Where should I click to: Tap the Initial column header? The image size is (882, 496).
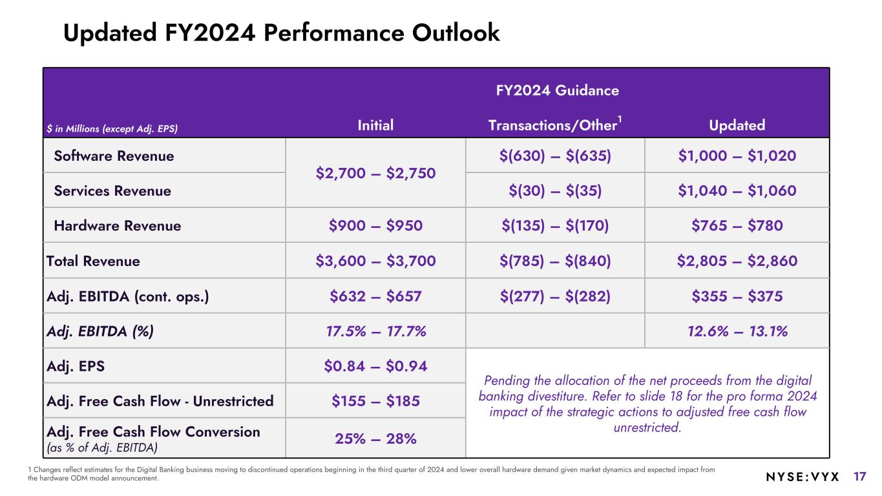[x=375, y=125]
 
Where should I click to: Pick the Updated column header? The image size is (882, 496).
[x=737, y=125]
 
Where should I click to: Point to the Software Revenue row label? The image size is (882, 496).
[x=114, y=156]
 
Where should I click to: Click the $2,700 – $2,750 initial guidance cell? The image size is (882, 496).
[x=375, y=173]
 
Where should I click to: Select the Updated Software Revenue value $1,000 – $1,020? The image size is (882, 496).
[x=737, y=156]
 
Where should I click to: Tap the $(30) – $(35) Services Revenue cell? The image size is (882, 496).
[x=555, y=191]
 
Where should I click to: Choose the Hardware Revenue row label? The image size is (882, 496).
[x=118, y=226]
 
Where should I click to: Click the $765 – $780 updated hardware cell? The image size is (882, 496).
[x=737, y=226]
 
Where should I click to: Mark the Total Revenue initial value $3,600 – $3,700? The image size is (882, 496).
[x=375, y=261]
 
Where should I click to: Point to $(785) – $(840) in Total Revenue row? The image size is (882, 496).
[x=555, y=261]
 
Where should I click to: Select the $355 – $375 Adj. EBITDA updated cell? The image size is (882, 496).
[x=737, y=296]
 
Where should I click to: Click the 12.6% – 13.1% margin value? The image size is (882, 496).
[x=737, y=331]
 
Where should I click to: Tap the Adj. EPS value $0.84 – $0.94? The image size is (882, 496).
[x=375, y=366]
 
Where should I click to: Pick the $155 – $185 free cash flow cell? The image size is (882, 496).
[x=375, y=401]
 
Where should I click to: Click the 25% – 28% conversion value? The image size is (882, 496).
[x=375, y=439]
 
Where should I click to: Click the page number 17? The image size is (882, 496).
[x=859, y=477]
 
